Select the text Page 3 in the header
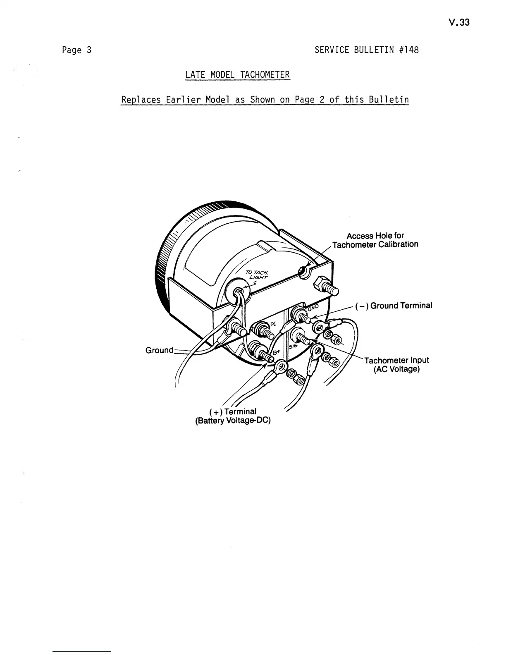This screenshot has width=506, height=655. [76, 50]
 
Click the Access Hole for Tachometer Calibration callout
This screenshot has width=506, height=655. [375, 240]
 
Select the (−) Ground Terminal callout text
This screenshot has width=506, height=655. [393, 306]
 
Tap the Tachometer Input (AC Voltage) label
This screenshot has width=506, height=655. [396, 364]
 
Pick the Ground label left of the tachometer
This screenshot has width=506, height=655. [159, 350]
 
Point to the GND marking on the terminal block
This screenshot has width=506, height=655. [314, 308]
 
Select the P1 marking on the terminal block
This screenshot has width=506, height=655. [274, 324]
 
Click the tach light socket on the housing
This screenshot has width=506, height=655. [238, 292]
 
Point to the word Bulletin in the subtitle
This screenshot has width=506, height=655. [389, 100]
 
